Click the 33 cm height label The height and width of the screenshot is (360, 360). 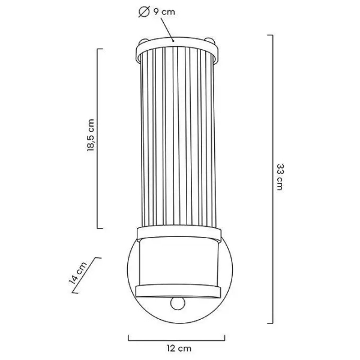(x=280, y=177)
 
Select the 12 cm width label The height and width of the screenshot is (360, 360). (x=179, y=349)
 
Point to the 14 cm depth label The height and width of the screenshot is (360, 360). (x=78, y=273)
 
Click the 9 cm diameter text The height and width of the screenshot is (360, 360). (x=164, y=11)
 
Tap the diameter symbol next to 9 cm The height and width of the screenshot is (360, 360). (x=144, y=11)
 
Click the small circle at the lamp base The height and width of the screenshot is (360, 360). (x=178, y=304)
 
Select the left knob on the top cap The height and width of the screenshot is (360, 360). (x=143, y=42)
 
